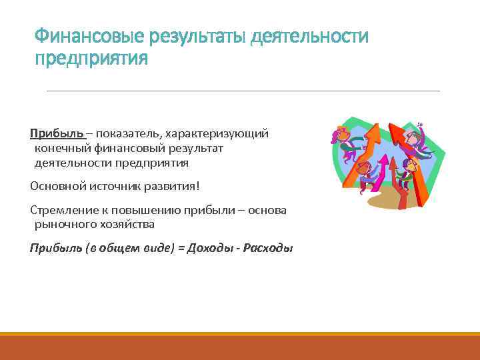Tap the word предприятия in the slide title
coord(91,59)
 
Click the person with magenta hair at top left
coord(340,137)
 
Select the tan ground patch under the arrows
coord(380,200)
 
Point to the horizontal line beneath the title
coord(243,91)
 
